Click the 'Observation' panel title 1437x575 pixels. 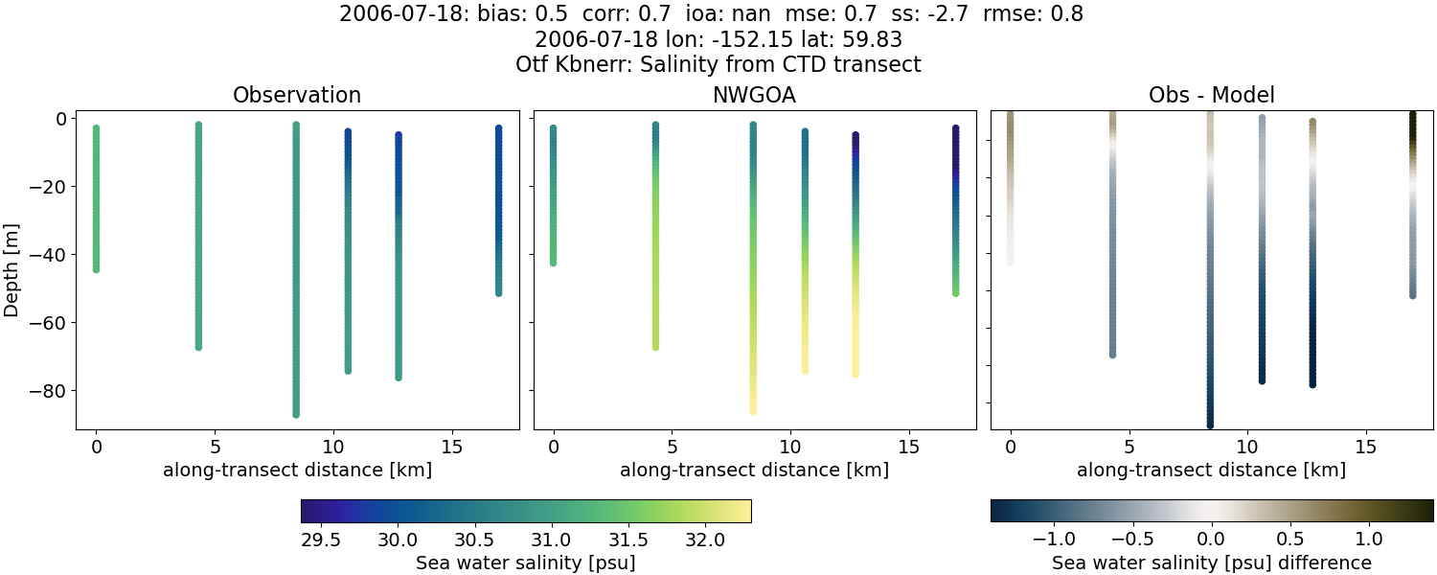297,96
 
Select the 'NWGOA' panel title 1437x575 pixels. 754,96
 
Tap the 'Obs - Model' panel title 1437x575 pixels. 1211,96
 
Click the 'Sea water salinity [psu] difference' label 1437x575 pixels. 1212,563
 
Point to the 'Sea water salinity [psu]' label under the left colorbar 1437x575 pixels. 525,563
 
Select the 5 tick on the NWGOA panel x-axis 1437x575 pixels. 673,447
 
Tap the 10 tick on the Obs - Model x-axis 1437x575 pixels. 1247,447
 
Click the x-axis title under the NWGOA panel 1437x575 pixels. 754,471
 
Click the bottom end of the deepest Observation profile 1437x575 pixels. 296,414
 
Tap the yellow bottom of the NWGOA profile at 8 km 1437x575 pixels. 753,409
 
